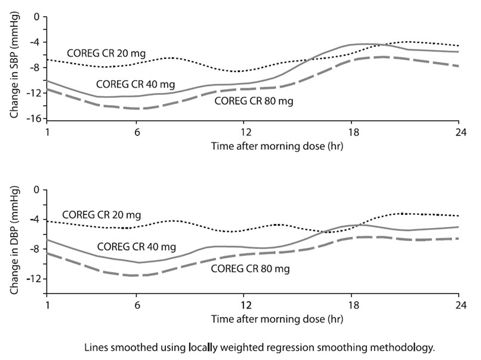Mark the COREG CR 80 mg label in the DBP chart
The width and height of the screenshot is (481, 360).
coord(251,269)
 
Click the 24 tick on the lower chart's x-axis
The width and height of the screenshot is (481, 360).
coord(458,304)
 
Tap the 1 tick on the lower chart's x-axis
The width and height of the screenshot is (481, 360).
coord(47,304)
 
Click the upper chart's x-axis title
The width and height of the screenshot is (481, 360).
coord(252,144)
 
